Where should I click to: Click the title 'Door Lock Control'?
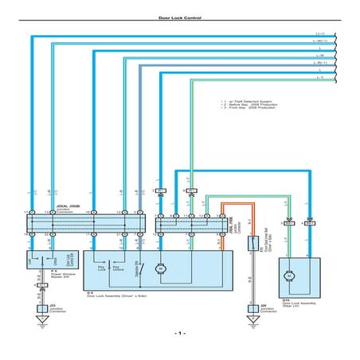point(179,16)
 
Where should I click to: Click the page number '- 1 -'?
point(179,333)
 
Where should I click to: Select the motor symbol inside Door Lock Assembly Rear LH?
point(289,275)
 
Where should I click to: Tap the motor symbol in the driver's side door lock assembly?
point(161,268)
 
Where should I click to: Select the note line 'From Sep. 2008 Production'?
point(248,112)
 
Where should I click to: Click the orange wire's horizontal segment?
point(236,203)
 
